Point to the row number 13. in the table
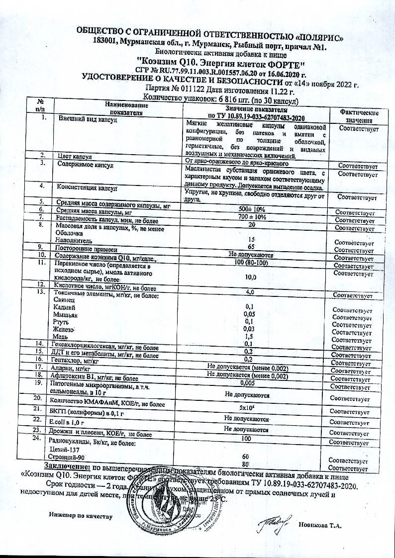point(41,292)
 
